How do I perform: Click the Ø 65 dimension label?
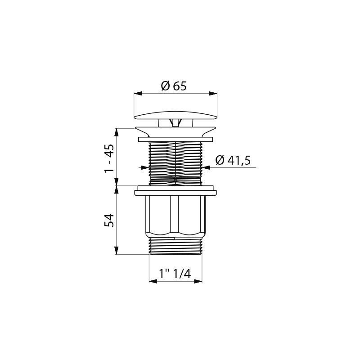tap(174, 86)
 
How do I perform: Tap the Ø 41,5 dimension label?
tap(233, 160)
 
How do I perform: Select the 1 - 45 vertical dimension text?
tap(109, 159)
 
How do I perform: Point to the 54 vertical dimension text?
tap(109, 220)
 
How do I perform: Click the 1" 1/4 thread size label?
tap(175, 274)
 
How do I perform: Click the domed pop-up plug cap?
tap(175, 116)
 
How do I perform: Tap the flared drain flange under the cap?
tap(175, 132)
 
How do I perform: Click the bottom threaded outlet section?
tap(175, 246)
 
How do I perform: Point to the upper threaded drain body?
tap(175, 163)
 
